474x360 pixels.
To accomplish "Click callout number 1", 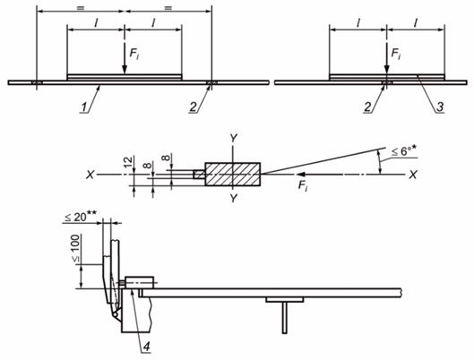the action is pyautogui.click(x=85, y=107).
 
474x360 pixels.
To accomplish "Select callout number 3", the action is pyautogui.click(x=440, y=107).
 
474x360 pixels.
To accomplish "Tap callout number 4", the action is pyautogui.click(x=146, y=347).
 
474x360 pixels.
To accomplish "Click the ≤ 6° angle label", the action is pyautogui.click(x=405, y=150).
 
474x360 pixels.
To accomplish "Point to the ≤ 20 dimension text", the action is pyautogui.click(x=81, y=216).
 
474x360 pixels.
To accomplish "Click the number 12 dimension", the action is pyautogui.click(x=129, y=162).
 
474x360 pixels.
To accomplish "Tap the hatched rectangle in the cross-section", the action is pyautogui.click(x=232, y=174).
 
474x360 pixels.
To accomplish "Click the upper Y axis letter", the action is pyautogui.click(x=233, y=138).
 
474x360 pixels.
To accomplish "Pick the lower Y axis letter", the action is pyautogui.click(x=233, y=198).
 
